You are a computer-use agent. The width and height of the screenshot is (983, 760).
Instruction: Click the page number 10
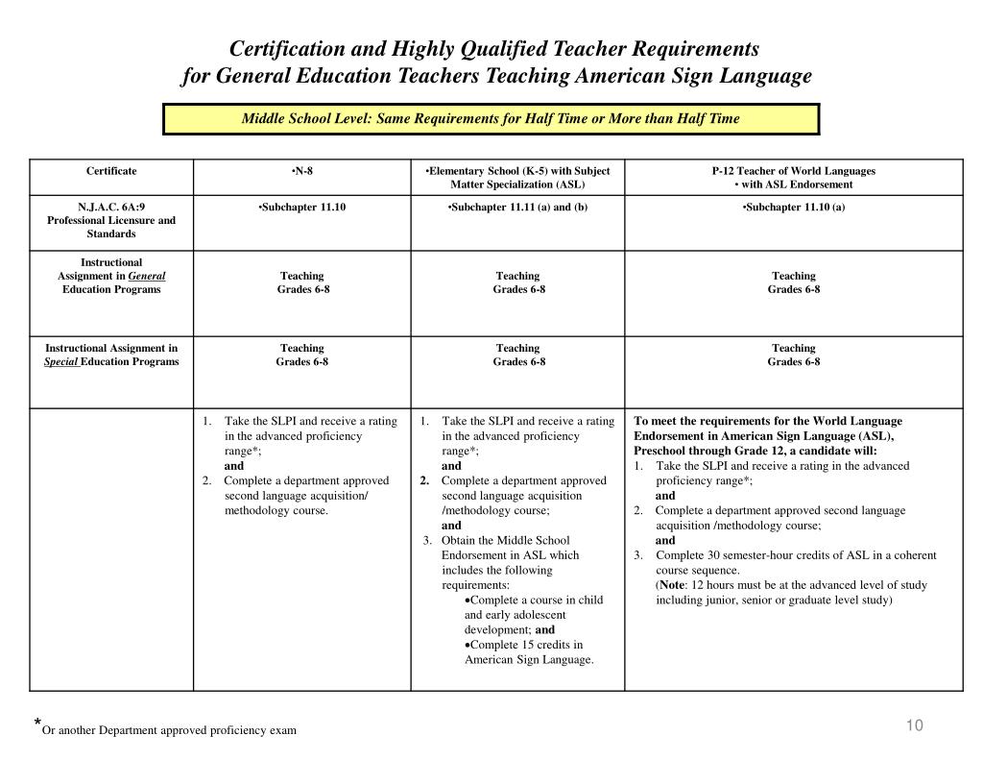point(914,725)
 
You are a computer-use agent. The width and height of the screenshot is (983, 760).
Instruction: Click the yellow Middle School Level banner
point(491,119)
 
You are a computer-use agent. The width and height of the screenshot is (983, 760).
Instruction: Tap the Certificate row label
point(111,171)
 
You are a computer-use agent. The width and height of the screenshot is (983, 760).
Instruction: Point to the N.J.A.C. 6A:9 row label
point(111,220)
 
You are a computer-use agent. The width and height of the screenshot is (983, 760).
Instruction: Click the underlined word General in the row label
point(147,276)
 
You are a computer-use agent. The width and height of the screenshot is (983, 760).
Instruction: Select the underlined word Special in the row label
point(61,361)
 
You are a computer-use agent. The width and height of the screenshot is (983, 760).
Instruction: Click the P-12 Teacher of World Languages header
point(793,171)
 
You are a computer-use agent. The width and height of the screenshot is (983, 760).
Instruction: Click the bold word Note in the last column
point(673,585)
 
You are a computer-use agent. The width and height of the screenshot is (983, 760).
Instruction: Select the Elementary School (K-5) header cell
point(517,177)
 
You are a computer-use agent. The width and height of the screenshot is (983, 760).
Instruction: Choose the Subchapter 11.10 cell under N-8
point(302,207)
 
